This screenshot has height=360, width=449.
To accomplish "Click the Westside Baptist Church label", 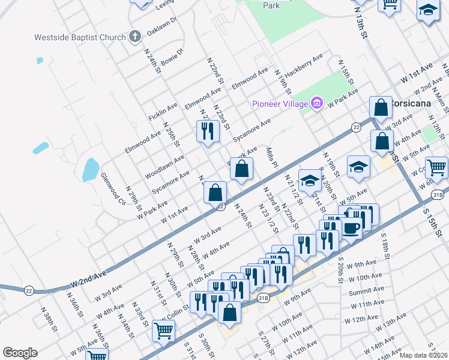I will click(80, 37).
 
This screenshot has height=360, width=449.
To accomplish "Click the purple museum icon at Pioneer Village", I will click(318, 104).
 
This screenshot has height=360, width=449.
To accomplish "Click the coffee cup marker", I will click(351, 228).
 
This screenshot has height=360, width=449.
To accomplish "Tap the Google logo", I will click(20, 353).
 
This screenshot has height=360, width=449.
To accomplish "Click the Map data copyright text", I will click(424, 355).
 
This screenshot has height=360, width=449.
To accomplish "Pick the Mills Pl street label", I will click(271, 157).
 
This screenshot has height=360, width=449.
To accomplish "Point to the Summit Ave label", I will click(366, 290).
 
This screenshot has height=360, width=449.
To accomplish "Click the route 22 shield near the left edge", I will click(29, 290).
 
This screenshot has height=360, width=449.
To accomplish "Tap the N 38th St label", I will click(49, 320).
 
